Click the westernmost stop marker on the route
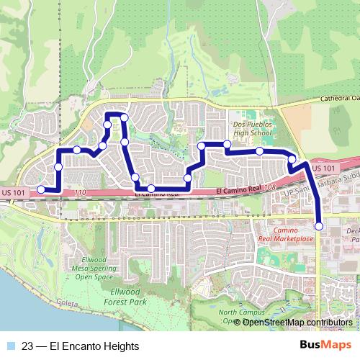[x=41, y=189]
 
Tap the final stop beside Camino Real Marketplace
[x=319, y=227]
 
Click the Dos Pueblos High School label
[x=253, y=128]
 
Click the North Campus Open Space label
[x=238, y=317]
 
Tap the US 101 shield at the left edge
[x=13, y=192]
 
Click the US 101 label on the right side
[x=325, y=168]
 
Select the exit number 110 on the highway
[x=79, y=192]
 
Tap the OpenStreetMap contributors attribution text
[x=297, y=323]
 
